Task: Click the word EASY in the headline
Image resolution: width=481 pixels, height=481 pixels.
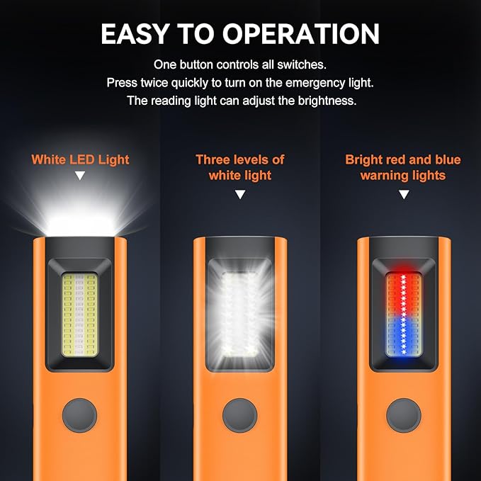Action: pyautogui.click(x=135, y=34)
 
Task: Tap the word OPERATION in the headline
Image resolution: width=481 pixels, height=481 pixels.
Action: pyautogui.click(x=301, y=34)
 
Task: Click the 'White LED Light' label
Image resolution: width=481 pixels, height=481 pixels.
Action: pyautogui.click(x=80, y=160)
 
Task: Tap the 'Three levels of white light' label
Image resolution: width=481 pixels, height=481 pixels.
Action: pyautogui.click(x=240, y=167)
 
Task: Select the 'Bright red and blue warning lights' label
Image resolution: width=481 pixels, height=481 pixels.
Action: pyautogui.click(x=403, y=167)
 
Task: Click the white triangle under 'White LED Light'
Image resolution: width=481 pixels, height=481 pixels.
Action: pyautogui.click(x=80, y=176)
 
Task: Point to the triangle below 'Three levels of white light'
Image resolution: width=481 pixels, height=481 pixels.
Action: pyautogui.click(x=240, y=194)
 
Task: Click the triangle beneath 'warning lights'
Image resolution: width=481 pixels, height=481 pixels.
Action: pyautogui.click(x=404, y=194)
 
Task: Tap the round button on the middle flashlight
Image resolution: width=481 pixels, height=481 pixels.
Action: pyautogui.click(x=240, y=415)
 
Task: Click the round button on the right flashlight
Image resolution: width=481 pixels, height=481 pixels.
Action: pyautogui.click(x=404, y=415)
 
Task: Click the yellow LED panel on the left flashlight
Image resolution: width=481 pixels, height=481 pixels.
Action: pyautogui.click(x=80, y=315)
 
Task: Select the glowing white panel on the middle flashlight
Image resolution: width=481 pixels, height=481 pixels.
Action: pyautogui.click(x=239, y=315)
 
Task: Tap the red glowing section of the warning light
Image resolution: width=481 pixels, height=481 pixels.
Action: pyautogui.click(x=403, y=295)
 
